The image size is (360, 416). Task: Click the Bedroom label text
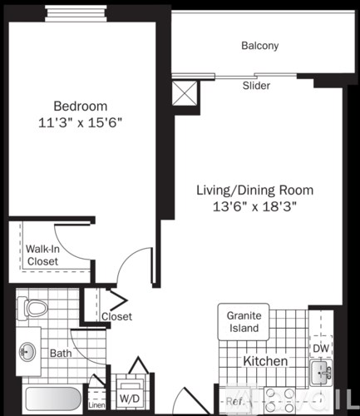tap(81, 106)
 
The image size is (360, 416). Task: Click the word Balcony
tap(259, 47)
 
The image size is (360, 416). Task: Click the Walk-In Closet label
tap(42, 255)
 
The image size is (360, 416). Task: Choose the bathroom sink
tap(27, 352)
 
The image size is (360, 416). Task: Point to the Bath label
tap(59, 353)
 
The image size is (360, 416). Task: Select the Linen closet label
tap(96, 405)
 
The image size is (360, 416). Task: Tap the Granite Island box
tap(245, 321)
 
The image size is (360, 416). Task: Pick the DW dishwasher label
tap(319, 348)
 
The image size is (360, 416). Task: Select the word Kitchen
tap(265, 361)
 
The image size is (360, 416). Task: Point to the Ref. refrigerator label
tap(236, 402)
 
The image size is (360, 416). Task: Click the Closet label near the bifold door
tap(116, 316)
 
